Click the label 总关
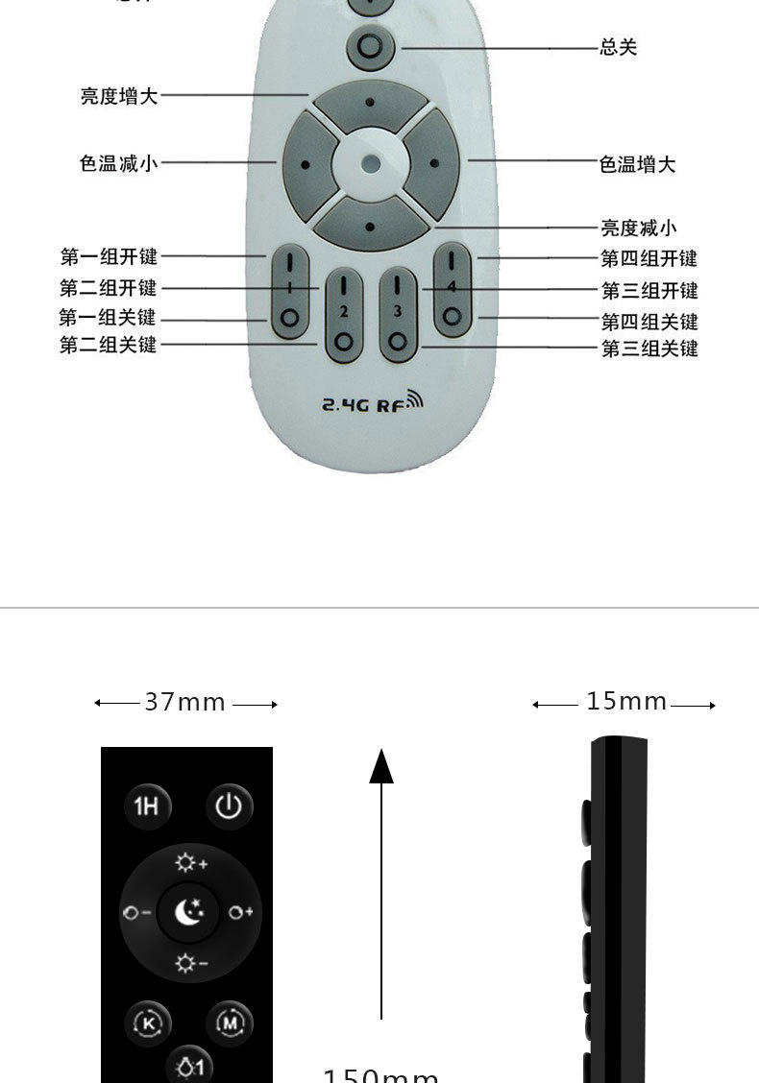(618, 47)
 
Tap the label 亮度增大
(119, 96)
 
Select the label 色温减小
(118, 163)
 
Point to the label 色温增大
(637, 165)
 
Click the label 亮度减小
(639, 228)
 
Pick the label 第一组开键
(109, 257)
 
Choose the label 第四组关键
(649, 322)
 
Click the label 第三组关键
(649, 349)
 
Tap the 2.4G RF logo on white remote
(371, 403)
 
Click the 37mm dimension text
(185, 703)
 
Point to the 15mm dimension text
(626, 702)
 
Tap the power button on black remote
(228, 806)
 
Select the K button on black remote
(148, 1023)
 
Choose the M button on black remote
(229, 1022)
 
